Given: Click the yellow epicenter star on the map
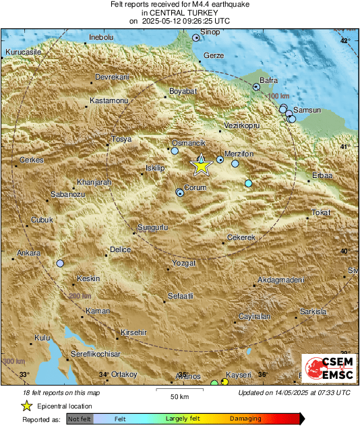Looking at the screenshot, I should [x=201, y=165].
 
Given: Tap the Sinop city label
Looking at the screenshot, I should [x=210, y=31].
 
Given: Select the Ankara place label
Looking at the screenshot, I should [x=29, y=253].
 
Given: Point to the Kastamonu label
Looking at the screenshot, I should [x=109, y=101].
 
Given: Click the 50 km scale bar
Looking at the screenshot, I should [x=179, y=390].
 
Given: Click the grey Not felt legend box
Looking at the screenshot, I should [x=80, y=419].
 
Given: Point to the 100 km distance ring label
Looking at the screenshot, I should [x=278, y=97].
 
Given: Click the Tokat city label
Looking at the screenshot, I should [x=321, y=213].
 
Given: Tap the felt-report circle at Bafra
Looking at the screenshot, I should [x=256, y=87].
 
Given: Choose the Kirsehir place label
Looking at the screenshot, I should [x=133, y=332].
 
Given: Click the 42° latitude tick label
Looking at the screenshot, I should [x=345, y=42].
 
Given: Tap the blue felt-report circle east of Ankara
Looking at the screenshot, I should [x=60, y=264].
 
